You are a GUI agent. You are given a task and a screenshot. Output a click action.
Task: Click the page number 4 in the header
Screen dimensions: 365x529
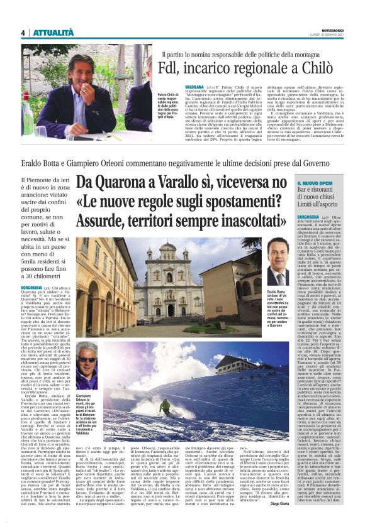(23, 33)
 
